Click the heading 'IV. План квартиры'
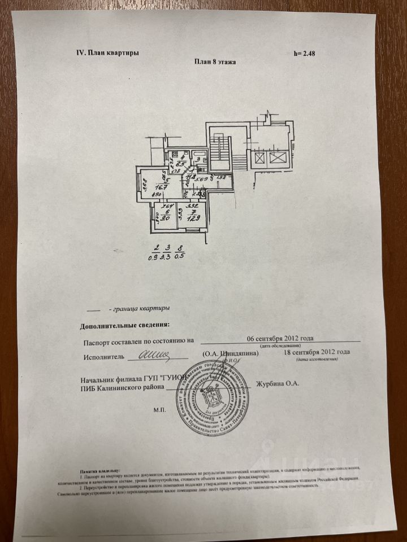point(107,53)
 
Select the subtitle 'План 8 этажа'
point(215,62)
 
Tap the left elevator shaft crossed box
point(259,157)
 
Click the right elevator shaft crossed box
point(278,157)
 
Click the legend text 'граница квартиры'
point(140,309)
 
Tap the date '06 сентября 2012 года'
point(280,339)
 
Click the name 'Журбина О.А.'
point(278,384)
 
